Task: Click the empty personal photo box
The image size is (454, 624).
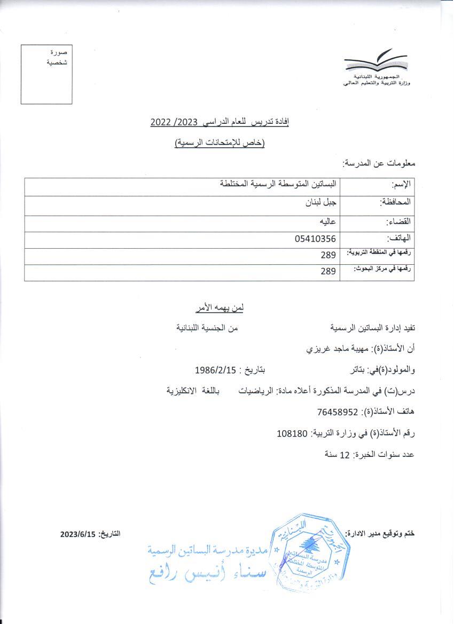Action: pos(46,75)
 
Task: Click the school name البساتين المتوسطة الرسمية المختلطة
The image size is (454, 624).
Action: pos(279,184)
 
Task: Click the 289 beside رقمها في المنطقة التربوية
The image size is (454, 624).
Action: pos(328,256)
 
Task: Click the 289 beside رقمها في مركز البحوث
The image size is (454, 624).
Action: pos(328,272)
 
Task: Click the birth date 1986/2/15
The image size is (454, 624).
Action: pos(216,370)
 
